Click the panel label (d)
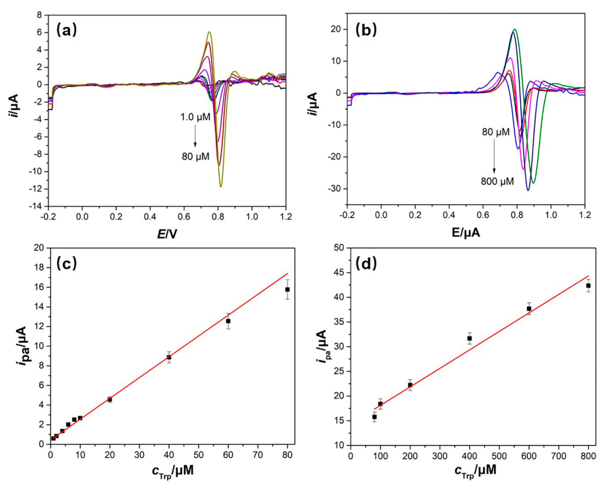click(366, 264)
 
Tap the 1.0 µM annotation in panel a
click(195, 117)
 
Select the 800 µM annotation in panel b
click(497, 181)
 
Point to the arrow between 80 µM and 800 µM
click(494, 159)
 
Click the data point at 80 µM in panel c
click(287, 289)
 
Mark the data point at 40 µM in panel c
click(169, 357)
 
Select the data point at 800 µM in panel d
click(588, 286)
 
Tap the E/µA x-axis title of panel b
click(466, 233)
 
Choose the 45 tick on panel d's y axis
click(339, 273)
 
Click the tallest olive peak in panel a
click(209, 32)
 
